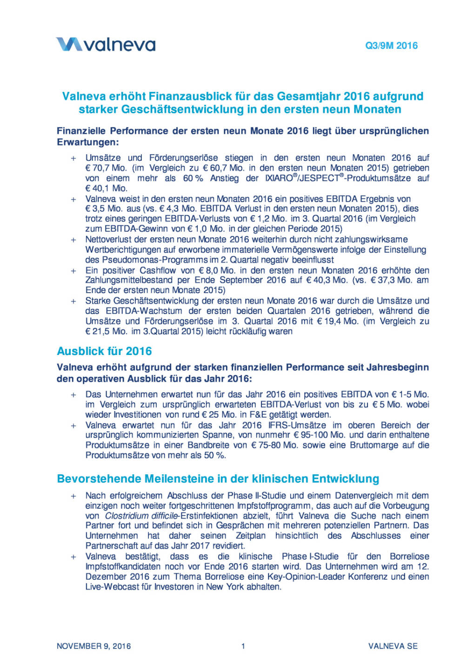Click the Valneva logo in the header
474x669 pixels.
click(106, 45)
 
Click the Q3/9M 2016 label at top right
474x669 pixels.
click(391, 46)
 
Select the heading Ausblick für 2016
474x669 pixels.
click(104, 351)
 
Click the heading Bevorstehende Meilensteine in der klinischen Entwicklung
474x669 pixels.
click(218, 479)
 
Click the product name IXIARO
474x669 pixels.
click(279, 178)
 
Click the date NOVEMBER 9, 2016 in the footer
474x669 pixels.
click(93, 646)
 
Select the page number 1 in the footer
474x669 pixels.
click(243, 646)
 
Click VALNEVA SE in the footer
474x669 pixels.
click(393, 646)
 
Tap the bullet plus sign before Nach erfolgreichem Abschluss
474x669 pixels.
click(73, 496)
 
